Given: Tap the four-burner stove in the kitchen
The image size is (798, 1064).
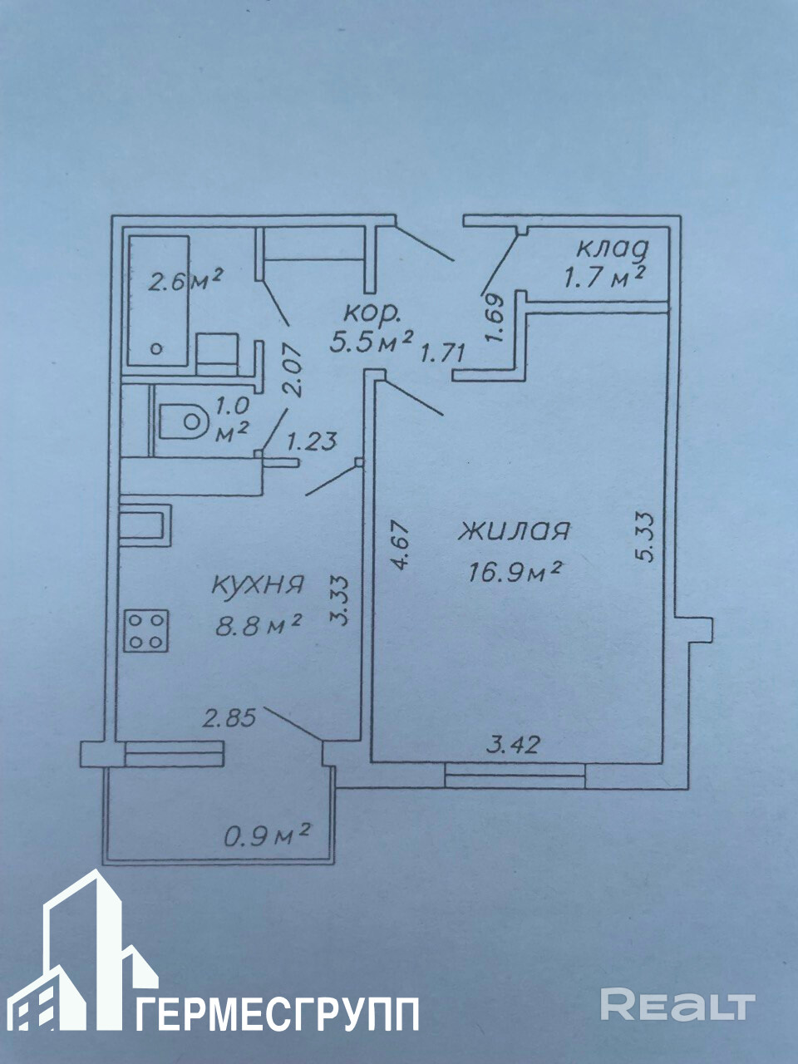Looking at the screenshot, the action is (x=147, y=630).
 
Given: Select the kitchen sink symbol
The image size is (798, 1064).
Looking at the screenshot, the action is (x=145, y=525).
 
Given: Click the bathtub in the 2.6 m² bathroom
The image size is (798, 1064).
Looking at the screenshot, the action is (x=158, y=300).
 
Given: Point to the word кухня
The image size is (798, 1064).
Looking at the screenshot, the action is (x=256, y=585).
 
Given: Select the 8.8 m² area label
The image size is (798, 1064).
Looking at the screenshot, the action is (x=258, y=623).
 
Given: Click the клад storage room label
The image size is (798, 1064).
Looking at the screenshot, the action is (x=613, y=248).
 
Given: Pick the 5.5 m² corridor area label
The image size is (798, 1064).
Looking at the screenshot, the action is (x=372, y=340).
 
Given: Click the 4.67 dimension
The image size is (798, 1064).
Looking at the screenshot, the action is (x=401, y=544).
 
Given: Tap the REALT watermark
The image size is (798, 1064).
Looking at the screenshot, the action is (x=677, y=1005).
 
